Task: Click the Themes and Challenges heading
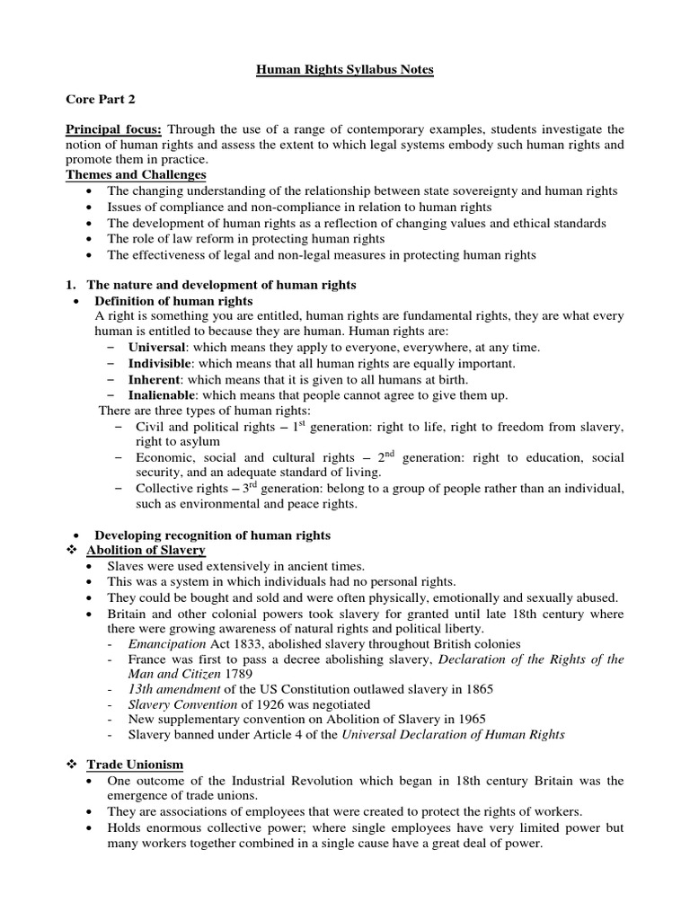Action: tap(136, 174)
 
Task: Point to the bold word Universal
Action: tap(158, 347)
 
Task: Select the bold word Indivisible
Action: tap(161, 363)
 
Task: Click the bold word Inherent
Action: tap(155, 379)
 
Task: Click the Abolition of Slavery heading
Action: tap(146, 549)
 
